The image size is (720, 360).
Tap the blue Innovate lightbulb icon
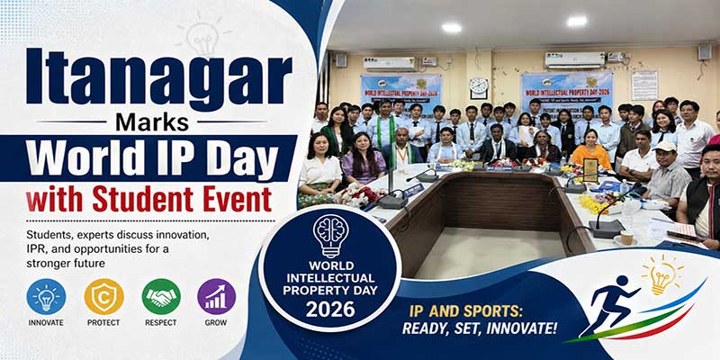click(x=46, y=296)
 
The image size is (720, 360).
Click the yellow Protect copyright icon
click(x=103, y=296)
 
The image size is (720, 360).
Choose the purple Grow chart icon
click(x=216, y=296)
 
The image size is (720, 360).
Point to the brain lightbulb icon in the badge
click(x=329, y=235)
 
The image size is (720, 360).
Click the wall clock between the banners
click(x=479, y=87)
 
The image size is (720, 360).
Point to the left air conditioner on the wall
click(x=389, y=64)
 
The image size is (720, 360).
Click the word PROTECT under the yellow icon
click(x=103, y=322)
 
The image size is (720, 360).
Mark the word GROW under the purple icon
click(x=216, y=322)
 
